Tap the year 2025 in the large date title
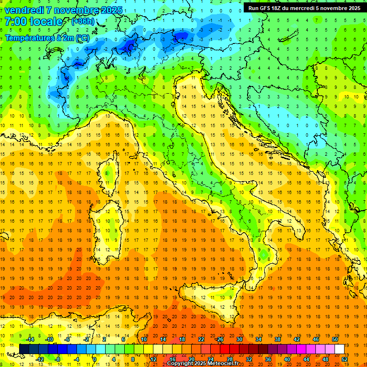point(109,10)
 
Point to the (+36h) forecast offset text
point(82,22)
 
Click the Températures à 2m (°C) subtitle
point(46,38)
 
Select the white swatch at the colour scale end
point(339,349)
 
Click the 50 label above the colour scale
point(335,339)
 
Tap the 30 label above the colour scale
point(239,339)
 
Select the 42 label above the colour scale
point(296,339)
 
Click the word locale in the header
point(46,22)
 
